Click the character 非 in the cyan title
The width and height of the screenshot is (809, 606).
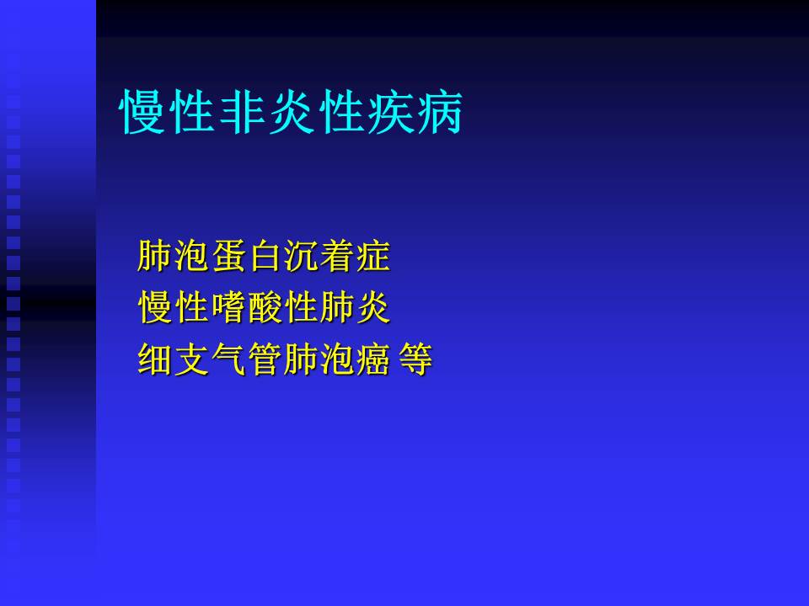click(243, 111)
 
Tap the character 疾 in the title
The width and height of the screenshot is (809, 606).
click(390, 111)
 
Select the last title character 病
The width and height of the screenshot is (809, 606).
click(439, 111)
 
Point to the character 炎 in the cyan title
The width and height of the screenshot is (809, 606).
click(292, 111)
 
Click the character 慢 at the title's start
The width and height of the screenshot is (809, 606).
click(144, 111)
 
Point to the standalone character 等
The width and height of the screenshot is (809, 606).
click(415, 360)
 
